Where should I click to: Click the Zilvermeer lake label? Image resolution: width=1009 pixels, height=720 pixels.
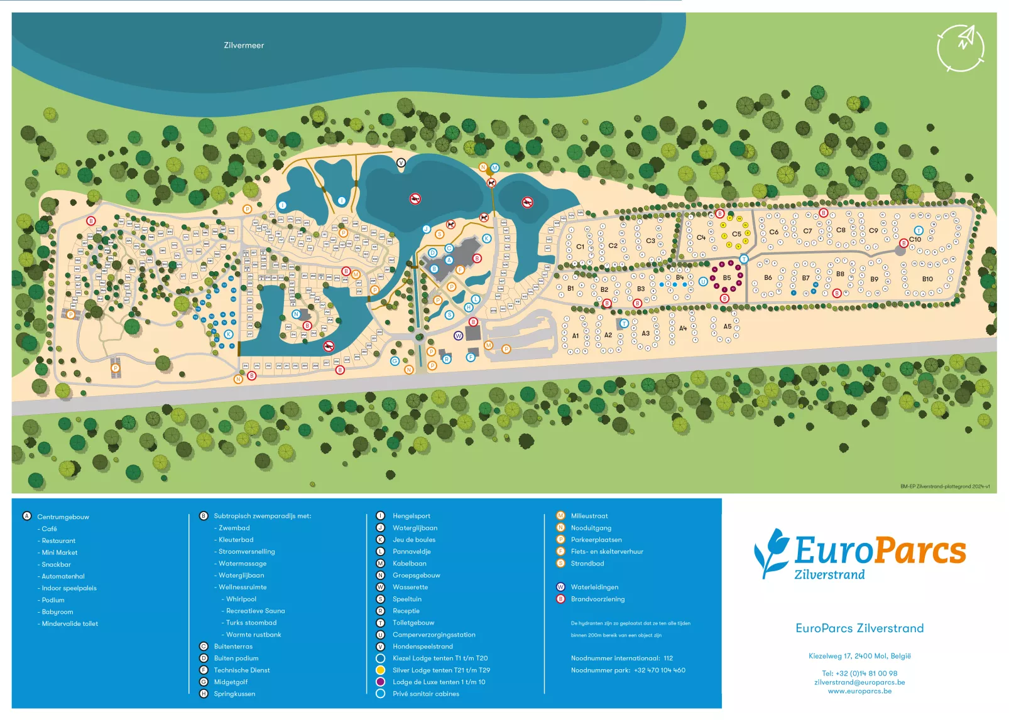[244, 45]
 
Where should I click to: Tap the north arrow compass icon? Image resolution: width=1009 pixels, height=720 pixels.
[960, 48]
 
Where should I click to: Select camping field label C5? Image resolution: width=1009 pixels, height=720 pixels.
[736, 234]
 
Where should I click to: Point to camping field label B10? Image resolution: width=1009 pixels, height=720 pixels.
[927, 279]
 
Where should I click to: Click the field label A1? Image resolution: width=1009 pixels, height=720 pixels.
[575, 336]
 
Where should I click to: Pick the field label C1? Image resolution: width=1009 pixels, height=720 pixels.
[580, 247]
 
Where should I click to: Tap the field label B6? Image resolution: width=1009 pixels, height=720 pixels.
[768, 277]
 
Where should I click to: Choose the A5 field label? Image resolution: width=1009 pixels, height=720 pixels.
[727, 326]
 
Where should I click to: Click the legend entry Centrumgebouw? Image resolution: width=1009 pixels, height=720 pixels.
[63, 517]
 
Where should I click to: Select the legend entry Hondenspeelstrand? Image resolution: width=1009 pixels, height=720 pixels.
[422, 647]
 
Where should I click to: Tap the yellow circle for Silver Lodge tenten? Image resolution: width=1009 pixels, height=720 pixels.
[380, 670]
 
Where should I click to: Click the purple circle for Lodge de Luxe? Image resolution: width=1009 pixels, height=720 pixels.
[380, 682]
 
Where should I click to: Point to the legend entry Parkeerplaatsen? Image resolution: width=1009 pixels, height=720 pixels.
[596, 540]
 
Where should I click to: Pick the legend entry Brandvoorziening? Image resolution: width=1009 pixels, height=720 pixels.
[597, 599]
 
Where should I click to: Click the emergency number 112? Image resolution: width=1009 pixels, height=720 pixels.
[668, 658]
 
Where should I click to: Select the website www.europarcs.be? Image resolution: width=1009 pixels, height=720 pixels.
[859, 691]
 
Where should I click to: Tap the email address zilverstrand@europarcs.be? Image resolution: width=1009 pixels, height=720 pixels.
[859, 682]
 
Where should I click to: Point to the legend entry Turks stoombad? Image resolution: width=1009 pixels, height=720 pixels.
[251, 623]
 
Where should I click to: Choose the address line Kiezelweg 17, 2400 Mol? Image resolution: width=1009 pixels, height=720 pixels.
[859, 656]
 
